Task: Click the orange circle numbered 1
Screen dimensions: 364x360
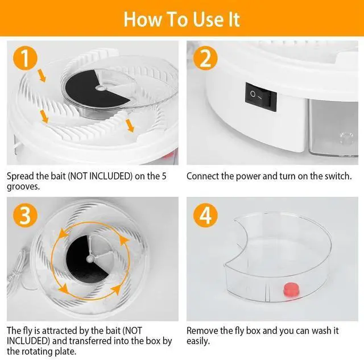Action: pos(25,58)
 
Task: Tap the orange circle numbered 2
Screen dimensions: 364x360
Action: pos(205,58)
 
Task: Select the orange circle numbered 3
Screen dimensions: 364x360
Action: pos(25,215)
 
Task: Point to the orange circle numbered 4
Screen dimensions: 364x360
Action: pos(205,215)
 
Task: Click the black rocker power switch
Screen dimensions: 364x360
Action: pos(260,97)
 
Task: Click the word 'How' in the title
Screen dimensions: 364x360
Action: pos(143,19)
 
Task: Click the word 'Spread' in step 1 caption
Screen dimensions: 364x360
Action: pos(20,176)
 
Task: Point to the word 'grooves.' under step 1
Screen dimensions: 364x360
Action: pos(23,187)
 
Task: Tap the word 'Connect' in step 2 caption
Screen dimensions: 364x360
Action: pos(202,176)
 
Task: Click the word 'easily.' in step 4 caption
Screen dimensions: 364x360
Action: pos(198,341)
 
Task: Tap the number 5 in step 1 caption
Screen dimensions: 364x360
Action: pos(164,176)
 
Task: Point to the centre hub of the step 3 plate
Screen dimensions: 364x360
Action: pos(90,258)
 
